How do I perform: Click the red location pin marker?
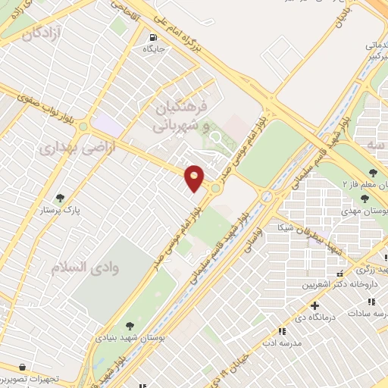coord(195,177)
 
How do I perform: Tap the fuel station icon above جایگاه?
coord(155,37)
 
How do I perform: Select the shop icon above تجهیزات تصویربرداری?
coord(24,366)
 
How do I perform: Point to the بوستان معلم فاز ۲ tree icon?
coord(373,171)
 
